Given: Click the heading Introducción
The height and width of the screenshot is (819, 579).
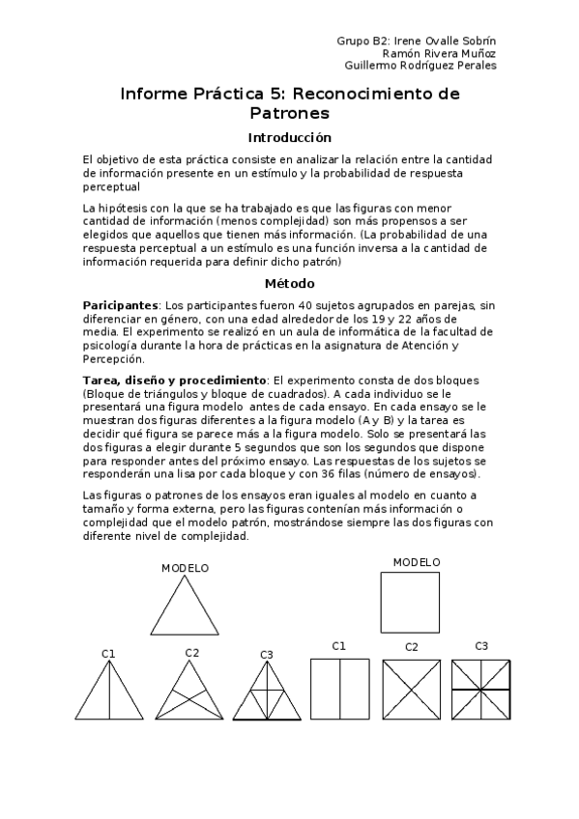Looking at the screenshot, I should tap(289, 137).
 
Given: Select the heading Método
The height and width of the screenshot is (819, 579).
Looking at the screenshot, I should tap(289, 283).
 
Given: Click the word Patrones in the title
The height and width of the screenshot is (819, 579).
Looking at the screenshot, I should tap(289, 113).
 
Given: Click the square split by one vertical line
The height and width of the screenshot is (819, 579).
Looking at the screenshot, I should tap(339, 688).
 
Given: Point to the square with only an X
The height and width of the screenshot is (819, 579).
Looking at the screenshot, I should tap(412, 688).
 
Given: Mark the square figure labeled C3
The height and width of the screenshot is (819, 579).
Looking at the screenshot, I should tap(482, 688).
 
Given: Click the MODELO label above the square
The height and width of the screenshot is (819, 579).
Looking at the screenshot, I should tap(417, 562).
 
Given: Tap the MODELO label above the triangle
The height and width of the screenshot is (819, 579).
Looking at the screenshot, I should tap(185, 568).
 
